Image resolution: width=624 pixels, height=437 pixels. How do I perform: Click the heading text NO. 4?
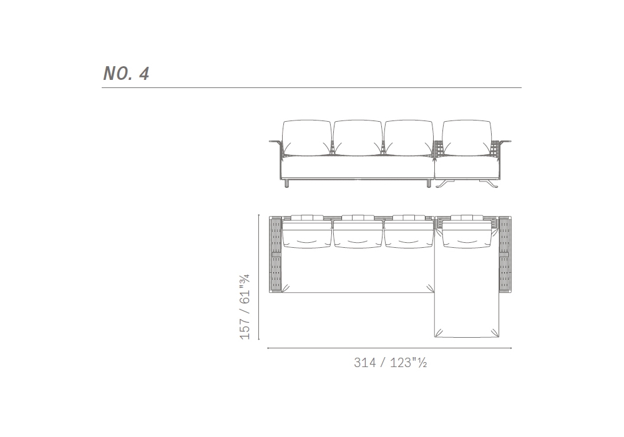point(126,74)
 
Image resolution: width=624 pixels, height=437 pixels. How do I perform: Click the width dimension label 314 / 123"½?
point(391,363)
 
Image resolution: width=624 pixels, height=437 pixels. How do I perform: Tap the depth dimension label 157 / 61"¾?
point(245,307)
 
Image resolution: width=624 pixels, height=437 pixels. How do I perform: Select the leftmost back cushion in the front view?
point(306,138)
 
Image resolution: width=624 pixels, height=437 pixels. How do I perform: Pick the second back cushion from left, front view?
point(358,138)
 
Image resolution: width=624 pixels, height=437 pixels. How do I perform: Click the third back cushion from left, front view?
point(408,138)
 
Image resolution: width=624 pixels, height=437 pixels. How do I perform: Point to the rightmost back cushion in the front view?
point(466,138)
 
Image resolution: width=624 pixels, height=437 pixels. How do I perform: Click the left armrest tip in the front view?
point(270,141)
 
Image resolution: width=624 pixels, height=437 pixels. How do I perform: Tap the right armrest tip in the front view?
point(510,141)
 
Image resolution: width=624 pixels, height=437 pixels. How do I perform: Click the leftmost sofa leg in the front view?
point(287,184)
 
